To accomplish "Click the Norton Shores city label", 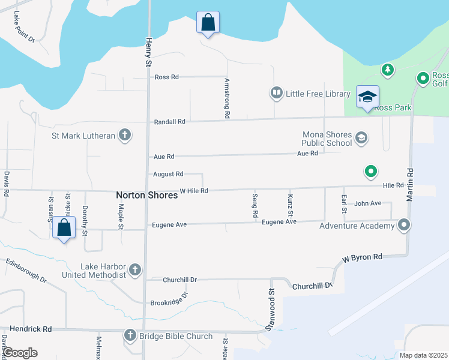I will point(146,195).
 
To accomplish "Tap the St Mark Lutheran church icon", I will point(125,135).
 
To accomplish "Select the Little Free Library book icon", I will point(276,93).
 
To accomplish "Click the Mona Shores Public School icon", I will point(361,139).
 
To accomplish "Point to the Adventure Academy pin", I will point(405,226).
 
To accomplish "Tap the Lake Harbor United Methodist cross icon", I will point(134,269).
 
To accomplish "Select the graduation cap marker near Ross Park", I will point(367,96).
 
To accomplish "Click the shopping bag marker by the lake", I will point(208,23).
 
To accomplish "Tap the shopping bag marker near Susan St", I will point(64,228).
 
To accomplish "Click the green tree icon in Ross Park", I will point(388,70).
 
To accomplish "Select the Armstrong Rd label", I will point(227,97).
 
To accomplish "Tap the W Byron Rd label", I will point(362,258).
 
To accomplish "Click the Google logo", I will point(20,353).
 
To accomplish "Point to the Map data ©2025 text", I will point(423,355).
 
